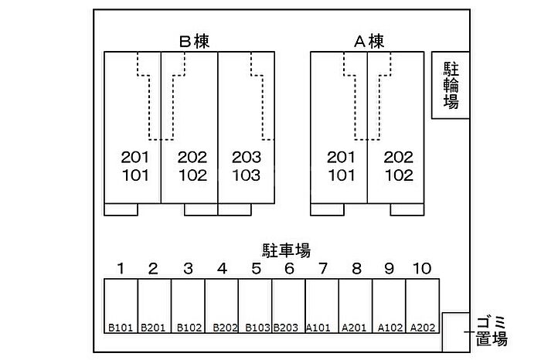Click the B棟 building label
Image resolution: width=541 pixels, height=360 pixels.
[195, 41]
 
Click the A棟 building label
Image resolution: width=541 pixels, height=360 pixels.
[369, 41]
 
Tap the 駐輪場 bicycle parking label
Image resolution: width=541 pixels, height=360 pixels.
[451, 85]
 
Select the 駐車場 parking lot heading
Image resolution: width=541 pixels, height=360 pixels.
[286, 250]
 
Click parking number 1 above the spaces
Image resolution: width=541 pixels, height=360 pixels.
[121, 269]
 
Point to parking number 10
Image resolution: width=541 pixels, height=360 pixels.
[422, 269]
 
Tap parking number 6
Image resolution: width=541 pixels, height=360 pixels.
[289, 269]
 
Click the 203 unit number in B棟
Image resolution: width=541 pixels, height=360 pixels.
[247, 157]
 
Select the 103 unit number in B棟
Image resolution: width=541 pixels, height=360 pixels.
[247, 175]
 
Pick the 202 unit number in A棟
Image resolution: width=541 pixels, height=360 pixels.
[399, 157]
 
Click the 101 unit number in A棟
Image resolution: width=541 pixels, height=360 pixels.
[341, 175]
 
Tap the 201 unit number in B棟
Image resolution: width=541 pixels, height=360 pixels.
[135, 157]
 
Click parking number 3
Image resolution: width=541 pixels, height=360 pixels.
[188, 269]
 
